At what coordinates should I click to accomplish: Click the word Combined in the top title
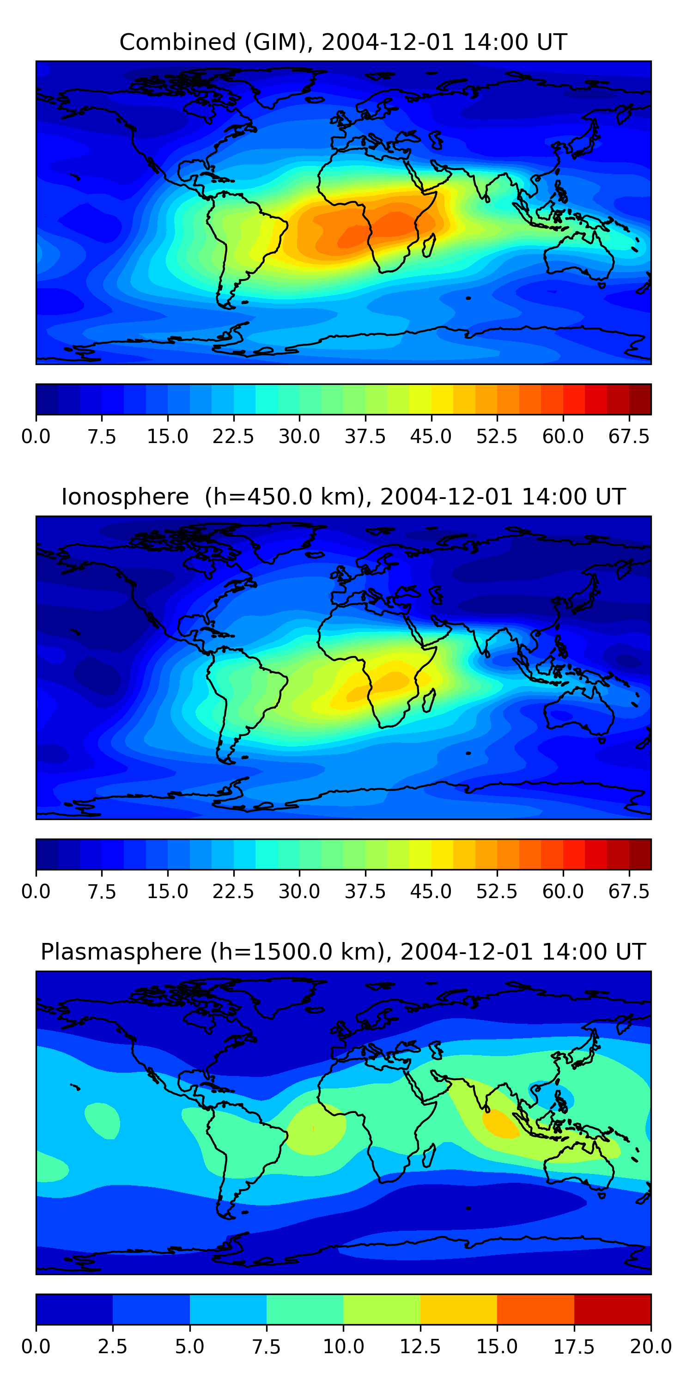point(177,43)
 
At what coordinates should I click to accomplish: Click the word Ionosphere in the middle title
point(125,497)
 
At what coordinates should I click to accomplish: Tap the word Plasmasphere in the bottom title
point(121,952)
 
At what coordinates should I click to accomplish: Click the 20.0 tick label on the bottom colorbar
point(650,1347)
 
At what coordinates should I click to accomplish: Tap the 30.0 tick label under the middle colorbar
point(299,892)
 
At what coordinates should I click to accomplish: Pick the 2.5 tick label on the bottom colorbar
point(112,1347)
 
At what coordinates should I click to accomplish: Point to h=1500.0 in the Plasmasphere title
point(296,952)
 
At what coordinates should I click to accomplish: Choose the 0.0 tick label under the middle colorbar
point(36,892)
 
